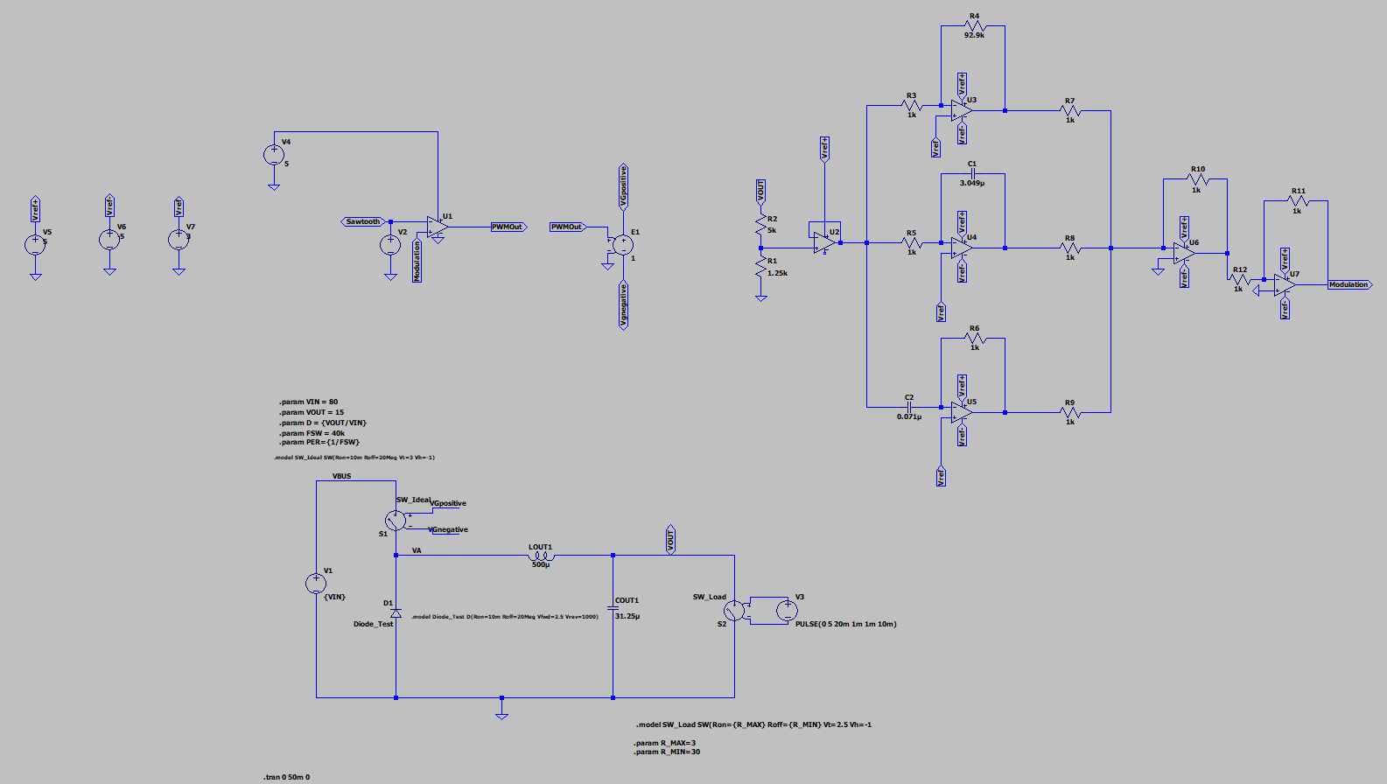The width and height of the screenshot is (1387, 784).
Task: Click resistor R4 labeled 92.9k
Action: point(974,26)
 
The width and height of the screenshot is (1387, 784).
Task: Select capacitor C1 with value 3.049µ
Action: point(972,173)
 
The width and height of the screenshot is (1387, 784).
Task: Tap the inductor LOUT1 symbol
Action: point(541,556)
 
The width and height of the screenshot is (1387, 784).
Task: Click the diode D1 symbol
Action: point(396,613)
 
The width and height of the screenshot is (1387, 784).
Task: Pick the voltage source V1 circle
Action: point(316,584)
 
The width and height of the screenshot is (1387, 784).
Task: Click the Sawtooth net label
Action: point(363,222)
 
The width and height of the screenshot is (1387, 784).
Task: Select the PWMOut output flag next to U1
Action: point(508,227)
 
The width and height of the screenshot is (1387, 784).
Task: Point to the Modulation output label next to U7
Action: point(1348,285)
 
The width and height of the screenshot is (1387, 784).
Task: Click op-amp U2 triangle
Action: point(823,242)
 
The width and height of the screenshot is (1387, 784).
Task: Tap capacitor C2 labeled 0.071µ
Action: point(909,407)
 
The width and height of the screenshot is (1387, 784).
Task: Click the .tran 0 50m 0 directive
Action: point(287,777)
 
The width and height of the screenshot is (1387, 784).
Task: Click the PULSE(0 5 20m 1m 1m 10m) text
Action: point(845,624)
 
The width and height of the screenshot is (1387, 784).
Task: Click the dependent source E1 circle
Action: point(623,245)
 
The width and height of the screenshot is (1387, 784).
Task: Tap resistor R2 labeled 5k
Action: point(761,225)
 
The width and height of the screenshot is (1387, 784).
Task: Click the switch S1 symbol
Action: point(396,521)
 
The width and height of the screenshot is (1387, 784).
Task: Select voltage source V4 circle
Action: point(274,155)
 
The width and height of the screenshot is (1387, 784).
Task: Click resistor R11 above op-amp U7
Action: point(1297,201)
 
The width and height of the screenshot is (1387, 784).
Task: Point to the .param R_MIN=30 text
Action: point(667,752)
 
